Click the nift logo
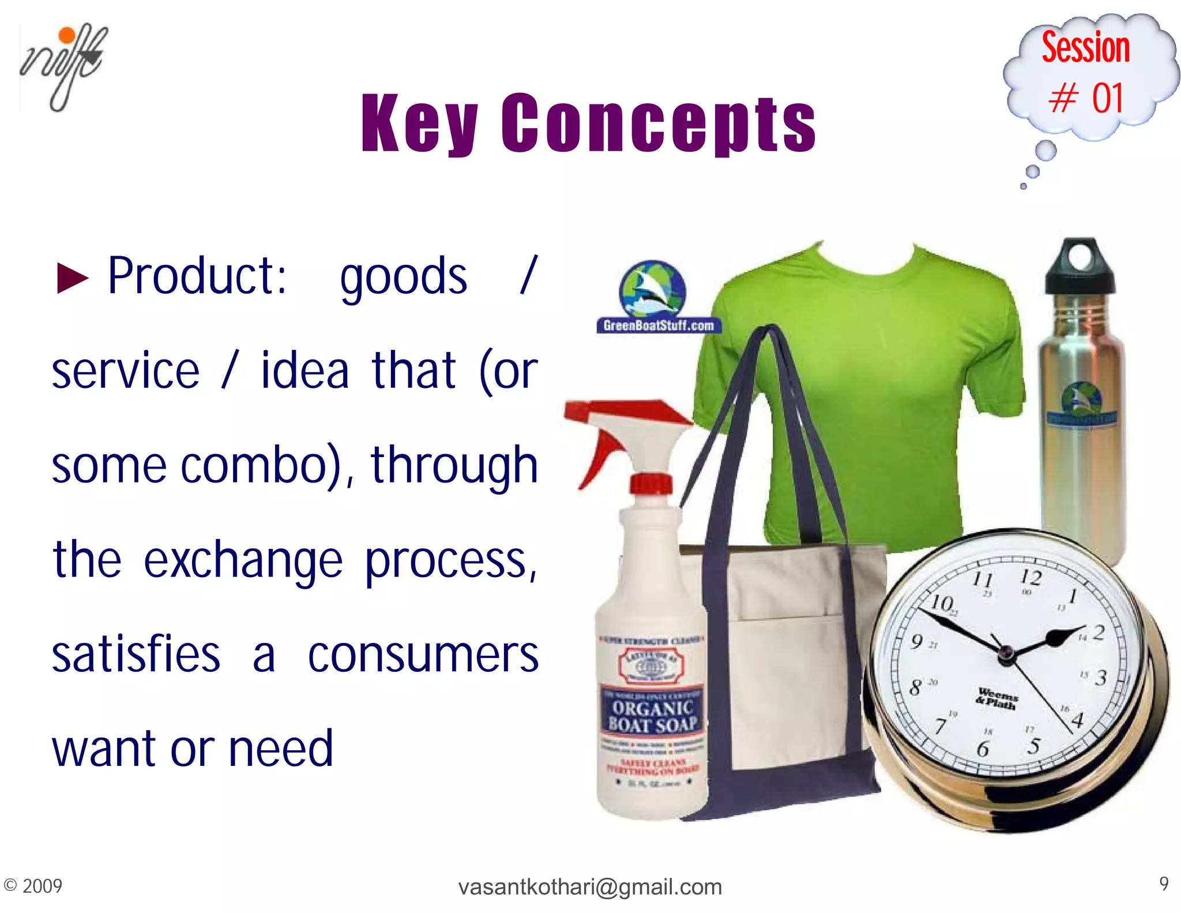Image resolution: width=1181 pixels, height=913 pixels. click(x=63, y=66)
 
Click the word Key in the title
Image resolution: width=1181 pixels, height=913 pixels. click(x=419, y=124)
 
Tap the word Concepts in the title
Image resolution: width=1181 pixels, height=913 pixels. click(x=658, y=124)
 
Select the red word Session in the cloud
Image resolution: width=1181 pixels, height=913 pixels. click(x=1085, y=47)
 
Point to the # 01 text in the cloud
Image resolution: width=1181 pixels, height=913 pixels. click(x=1086, y=98)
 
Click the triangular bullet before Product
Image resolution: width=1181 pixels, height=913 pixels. click(x=73, y=278)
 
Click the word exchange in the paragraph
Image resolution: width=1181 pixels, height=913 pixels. click(x=243, y=560)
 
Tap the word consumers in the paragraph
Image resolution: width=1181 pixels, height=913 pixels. click(x=423, y=655)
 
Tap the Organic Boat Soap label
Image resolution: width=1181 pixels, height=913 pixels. click(x=653, y=716)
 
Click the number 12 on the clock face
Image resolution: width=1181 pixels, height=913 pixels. click(x=1030, y=578)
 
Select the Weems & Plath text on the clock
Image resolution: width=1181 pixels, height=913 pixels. click(x=997, y=698)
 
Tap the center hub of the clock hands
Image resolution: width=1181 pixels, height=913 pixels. click(x=1006, y=654)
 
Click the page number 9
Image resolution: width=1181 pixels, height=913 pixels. click(x=1164, y=884)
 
